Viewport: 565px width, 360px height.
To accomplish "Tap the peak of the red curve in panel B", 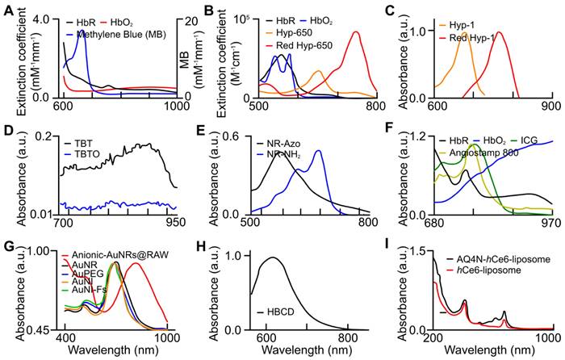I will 357,32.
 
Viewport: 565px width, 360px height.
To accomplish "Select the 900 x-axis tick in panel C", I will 550,106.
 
